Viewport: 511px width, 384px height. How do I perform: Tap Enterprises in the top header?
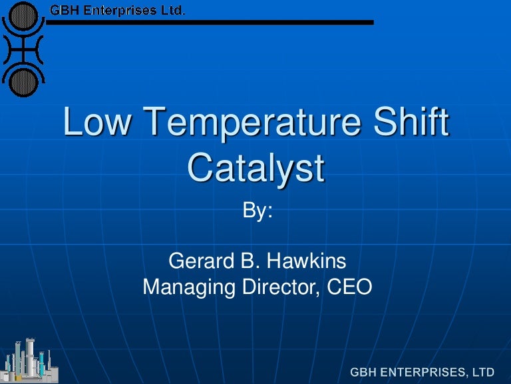pyautogui.click(x=122, y=9)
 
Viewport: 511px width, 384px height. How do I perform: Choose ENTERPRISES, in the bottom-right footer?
pyautogui.click(x=425, y=371)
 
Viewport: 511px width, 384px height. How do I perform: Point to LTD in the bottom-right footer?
pyautogui.click(x=483, y=371)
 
